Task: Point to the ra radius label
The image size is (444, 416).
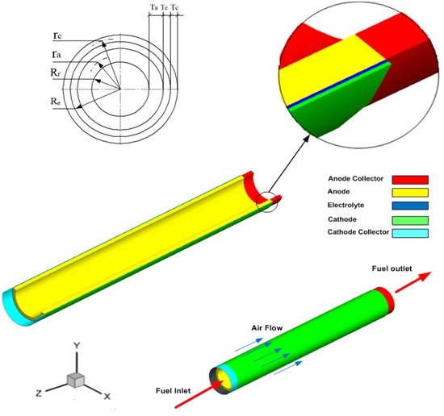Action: tap(55, 54)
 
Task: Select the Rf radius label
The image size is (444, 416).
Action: tap(54, 73)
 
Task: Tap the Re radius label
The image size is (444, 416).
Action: tap(54, 104)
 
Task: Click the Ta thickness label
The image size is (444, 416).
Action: tap(153, 6)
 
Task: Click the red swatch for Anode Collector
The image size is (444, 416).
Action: tap(407, 179)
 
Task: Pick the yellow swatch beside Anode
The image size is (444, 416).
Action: tap(407, 193)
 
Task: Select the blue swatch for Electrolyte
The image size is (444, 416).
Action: tap(407, 206)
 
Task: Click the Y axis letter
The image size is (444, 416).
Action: tap(76, 344)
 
